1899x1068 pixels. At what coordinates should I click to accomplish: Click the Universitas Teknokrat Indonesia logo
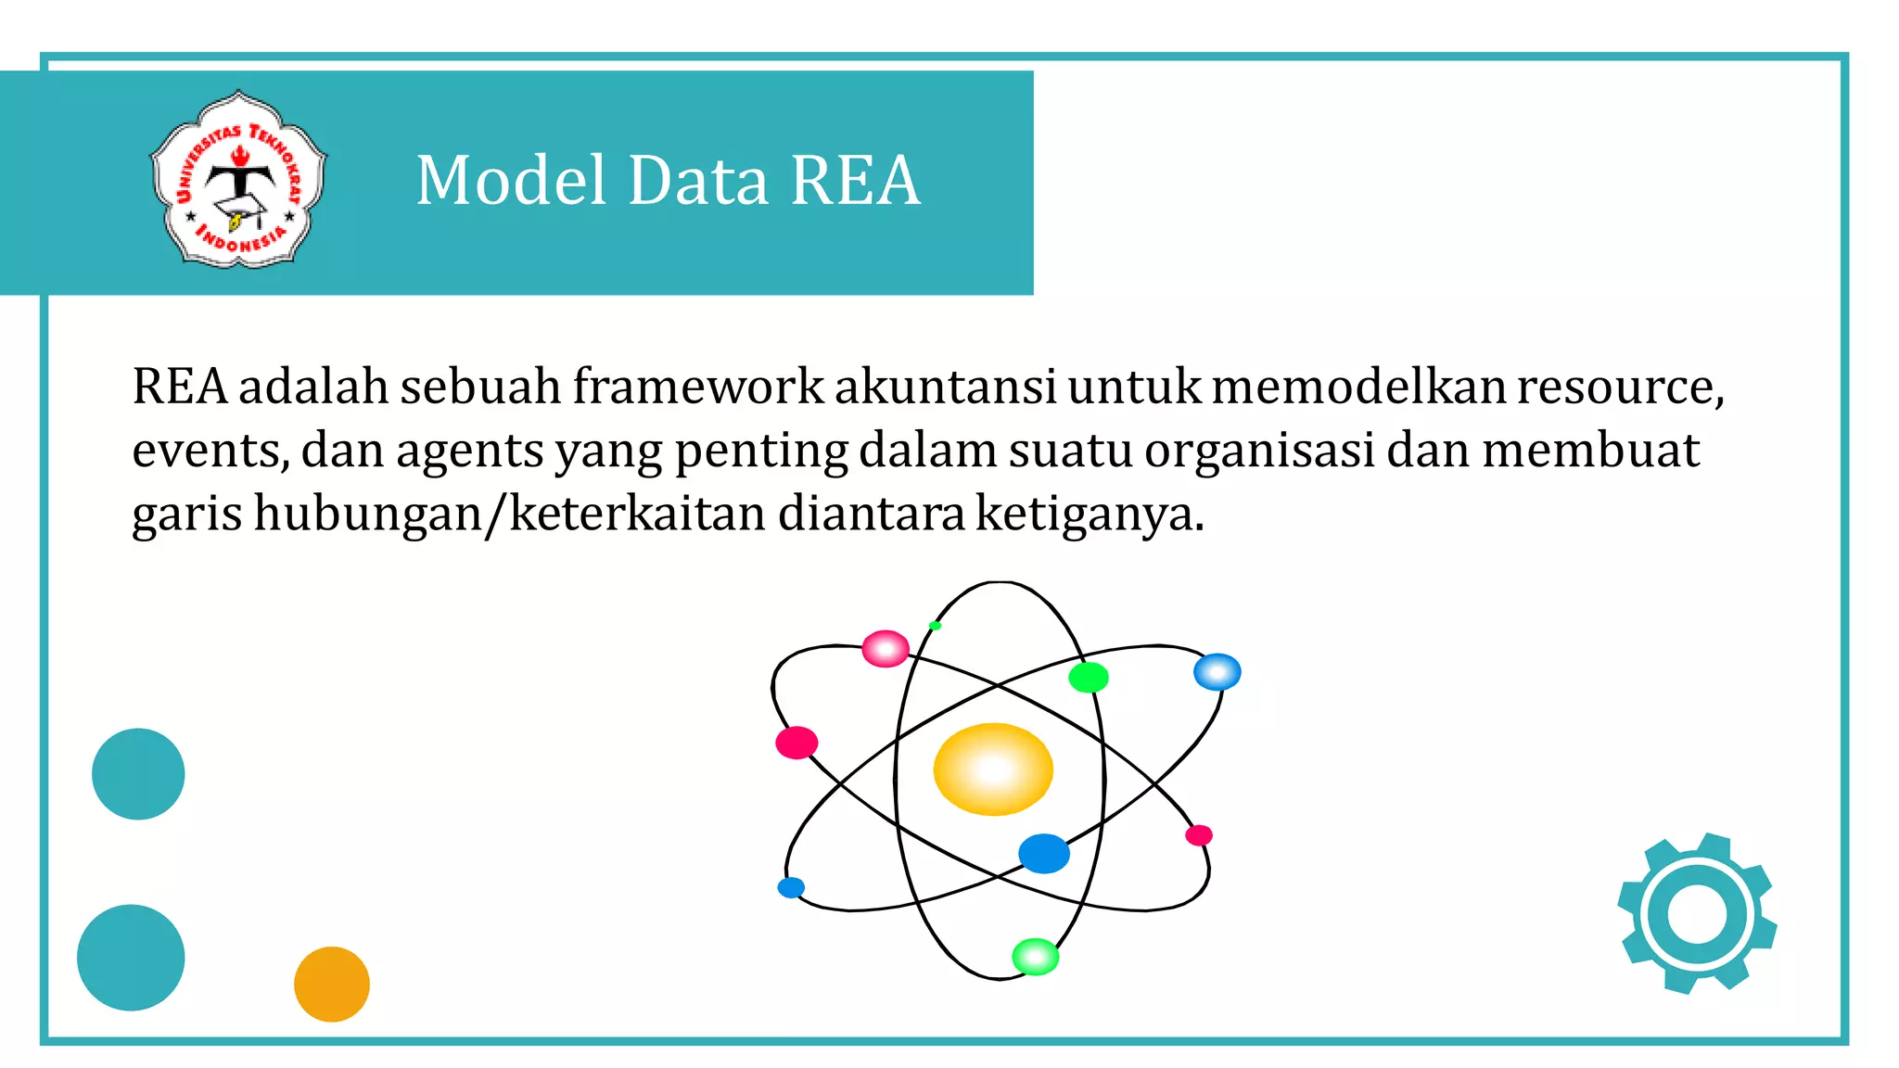pos(239,180)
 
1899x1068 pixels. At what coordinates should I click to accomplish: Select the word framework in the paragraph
pos(697,387)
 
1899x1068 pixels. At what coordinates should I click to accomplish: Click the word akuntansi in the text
pos(945,387)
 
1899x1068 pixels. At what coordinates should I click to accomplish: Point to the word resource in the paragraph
pos(1618,387)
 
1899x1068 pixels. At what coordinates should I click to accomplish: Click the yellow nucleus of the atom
pos(993,769)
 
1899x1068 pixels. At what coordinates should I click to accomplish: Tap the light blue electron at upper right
pos(1217,672)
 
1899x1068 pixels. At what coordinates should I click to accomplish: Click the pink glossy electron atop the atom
pos(886,649)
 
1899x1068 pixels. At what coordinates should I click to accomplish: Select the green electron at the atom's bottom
pos(1035,957)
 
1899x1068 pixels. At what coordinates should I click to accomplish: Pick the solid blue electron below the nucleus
pos(1044,854)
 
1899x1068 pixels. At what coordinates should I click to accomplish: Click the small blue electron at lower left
pos(791,888)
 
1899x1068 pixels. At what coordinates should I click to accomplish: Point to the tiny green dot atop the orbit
pos(935,626)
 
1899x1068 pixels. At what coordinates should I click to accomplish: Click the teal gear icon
pos(1697,914)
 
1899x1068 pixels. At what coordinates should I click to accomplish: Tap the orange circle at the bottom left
pos(332,984)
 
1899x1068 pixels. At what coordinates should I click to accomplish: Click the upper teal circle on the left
pos(138,774)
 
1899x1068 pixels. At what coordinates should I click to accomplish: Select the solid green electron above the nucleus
pos(1088,678)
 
